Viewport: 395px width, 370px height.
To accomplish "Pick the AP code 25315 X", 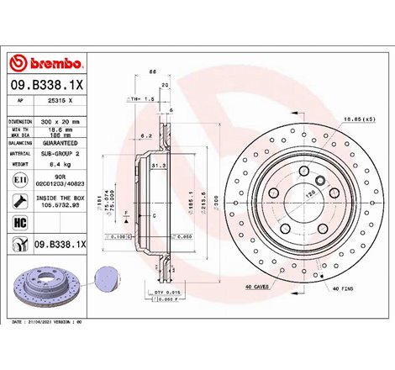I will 58,99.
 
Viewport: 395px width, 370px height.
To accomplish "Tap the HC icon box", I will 18,222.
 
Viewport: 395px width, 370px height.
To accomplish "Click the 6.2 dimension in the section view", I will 146,135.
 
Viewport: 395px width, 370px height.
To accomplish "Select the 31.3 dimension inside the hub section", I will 156,166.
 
